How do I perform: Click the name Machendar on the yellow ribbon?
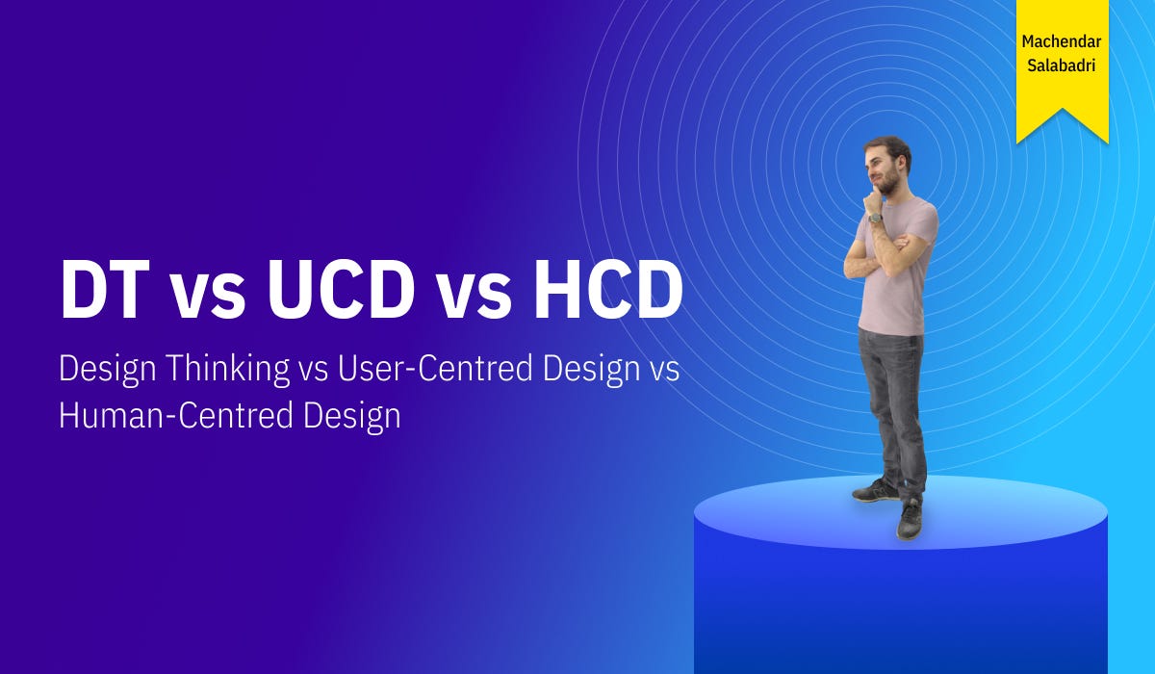click(1062, 43)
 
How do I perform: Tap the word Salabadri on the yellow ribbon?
click(1062, 66)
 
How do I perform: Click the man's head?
click(887, 164)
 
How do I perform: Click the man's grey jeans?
click(893, 404)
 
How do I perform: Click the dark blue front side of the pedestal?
click(900, 607)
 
